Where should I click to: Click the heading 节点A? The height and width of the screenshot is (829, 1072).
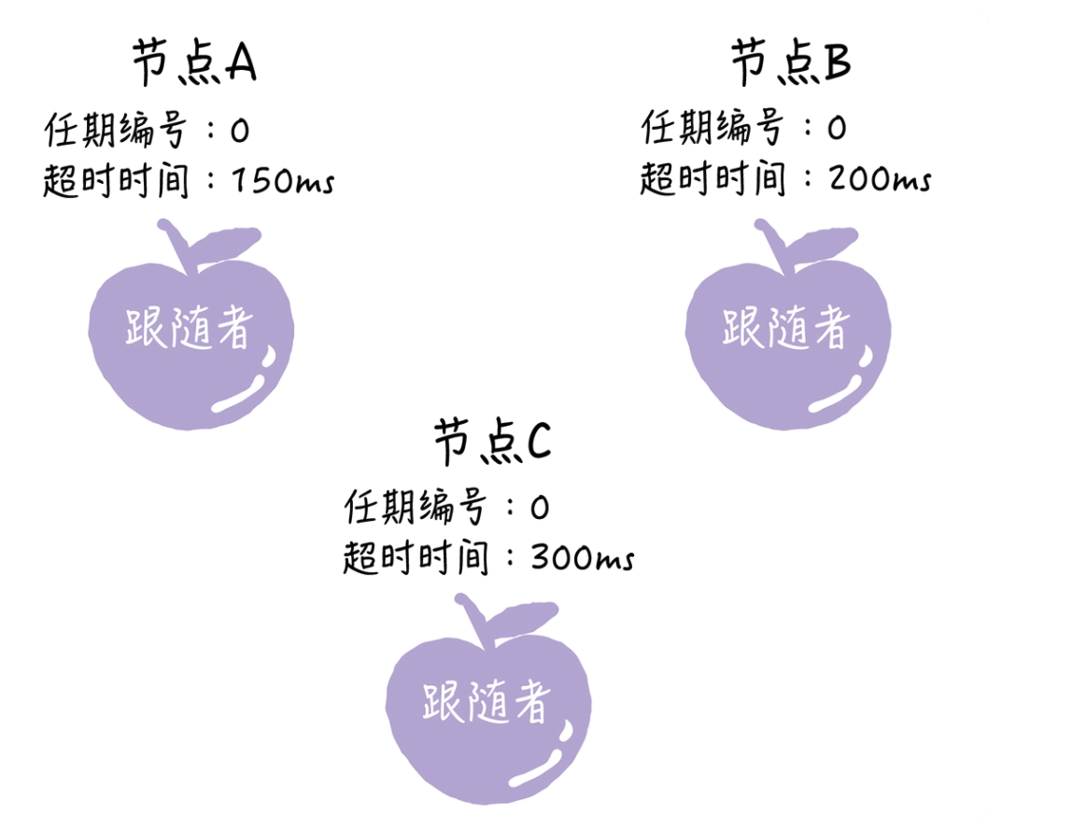194,62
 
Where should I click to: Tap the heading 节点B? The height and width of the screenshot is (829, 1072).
791,62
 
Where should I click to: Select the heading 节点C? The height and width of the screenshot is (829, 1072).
492,442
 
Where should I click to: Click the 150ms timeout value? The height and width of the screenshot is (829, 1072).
283,181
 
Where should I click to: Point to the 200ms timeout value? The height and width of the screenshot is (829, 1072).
880,179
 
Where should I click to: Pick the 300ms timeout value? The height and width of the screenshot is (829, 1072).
583,557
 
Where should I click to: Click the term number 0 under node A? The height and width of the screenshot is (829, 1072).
239,131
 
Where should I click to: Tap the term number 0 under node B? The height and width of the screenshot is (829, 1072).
837,128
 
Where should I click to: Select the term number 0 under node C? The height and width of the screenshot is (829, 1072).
540,508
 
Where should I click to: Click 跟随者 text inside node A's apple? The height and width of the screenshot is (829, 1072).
190,327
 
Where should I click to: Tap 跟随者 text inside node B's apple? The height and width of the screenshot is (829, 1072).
786,327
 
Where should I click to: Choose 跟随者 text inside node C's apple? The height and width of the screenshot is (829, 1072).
487,701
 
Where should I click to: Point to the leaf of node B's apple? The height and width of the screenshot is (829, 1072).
823,243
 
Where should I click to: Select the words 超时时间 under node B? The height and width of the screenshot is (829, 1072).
713,178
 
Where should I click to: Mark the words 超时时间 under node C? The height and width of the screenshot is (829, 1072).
416,557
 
